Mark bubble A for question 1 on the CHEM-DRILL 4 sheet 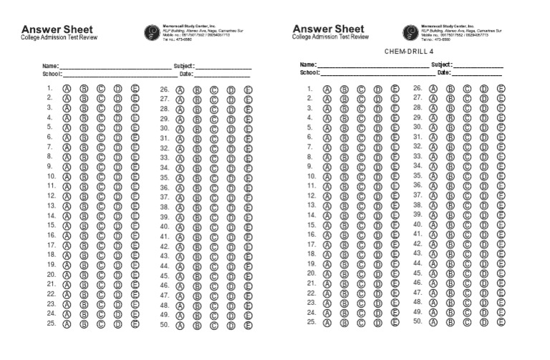[x=327, y=89]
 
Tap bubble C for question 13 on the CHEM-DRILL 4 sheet [x=361, y=205]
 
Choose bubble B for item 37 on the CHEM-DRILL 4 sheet [x=450, y=195]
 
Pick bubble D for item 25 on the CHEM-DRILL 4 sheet [x=378, y=322]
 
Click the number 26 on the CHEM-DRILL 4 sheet [x=418, y=88]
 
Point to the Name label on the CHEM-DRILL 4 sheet [x=308, y=64]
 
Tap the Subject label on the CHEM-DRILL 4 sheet [x=442, y=64]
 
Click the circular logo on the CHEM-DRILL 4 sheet [x=410, y=31]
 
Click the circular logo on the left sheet [x=152, y=31]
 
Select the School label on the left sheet [x=52, y=74]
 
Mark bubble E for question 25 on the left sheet [x=135, y=323]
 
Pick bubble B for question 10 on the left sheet [x=84, y=176]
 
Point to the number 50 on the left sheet [x=164, y=324]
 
